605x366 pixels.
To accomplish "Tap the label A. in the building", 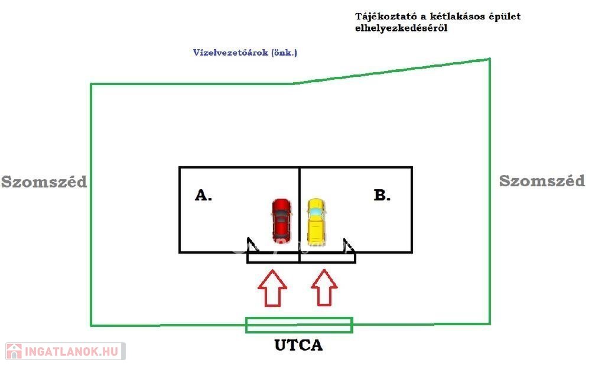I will [203, 195].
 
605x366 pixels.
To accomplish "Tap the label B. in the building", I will [382, 195].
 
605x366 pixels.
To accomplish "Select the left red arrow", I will [272, 288].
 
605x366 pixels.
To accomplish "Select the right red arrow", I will [324, 288].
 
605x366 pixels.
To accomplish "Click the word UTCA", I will [298, 345].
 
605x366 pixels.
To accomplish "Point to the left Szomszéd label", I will [44, 182].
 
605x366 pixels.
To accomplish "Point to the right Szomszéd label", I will [542, 181].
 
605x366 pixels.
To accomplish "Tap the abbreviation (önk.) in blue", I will [284, 52].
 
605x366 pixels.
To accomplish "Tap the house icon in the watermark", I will [14, 351].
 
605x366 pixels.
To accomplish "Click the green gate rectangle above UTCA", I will [299, 325].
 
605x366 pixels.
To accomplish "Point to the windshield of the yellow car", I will [316, 211].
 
